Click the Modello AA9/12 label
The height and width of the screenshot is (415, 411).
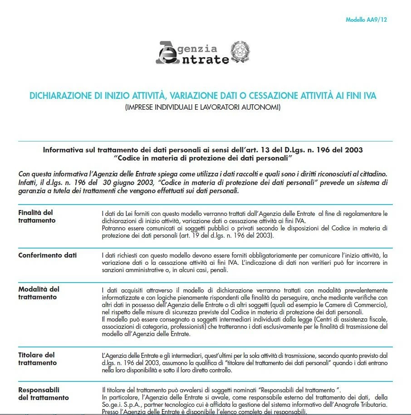[366, 20]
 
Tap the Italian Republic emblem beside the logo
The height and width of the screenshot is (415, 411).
[240, 52]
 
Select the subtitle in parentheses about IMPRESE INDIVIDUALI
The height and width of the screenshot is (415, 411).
[203, 107]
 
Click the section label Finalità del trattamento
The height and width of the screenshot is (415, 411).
[37, 216]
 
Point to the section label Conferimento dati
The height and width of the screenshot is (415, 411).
[48, 255]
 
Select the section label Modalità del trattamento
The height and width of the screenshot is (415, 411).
[39, 293]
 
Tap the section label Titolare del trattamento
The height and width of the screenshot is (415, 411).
[37, 359]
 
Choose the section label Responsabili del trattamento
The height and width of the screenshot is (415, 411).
[43, 394]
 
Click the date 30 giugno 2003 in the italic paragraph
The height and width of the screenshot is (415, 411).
[136, 182]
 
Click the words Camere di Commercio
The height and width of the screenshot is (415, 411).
[356, 306]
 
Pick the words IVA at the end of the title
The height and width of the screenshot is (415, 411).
[369, 96]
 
